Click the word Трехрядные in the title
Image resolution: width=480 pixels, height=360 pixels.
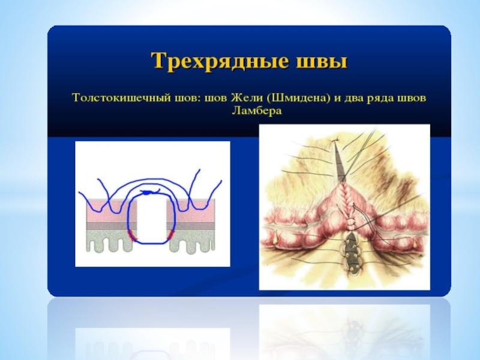[x=220, y=61]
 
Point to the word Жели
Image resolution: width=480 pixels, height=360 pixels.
[x=246, y=98]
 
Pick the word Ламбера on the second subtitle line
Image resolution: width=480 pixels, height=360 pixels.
[x=257, y=110]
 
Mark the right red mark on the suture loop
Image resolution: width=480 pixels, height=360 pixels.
[x=170, y=235]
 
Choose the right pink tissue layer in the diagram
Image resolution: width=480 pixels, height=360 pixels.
[x=191, y=211]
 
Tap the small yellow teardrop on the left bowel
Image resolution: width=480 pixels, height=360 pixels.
[x=278, y=238]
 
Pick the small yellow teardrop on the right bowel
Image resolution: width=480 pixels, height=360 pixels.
[x=415, y=243]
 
